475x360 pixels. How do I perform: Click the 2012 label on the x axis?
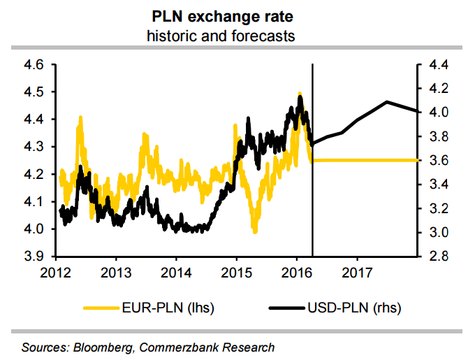56,271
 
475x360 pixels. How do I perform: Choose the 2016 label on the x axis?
297,271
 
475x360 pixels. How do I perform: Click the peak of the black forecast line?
386,101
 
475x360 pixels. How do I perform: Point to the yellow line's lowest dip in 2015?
255,232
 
